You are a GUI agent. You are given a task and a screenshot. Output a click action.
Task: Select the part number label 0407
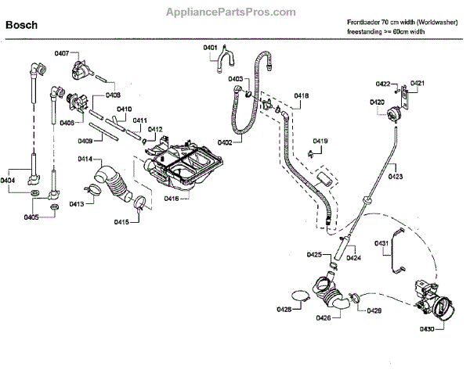[x=62, y=53]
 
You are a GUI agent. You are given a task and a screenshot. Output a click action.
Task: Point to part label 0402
[x=224, y=142]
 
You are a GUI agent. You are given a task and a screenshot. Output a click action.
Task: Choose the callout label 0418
[x=302, y=96]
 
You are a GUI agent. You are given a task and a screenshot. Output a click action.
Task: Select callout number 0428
[x=284, y=310]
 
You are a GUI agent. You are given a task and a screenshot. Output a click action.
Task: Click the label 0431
[x=381, y=244]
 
